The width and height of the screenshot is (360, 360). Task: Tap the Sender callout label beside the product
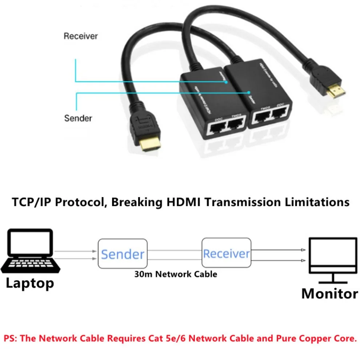78,118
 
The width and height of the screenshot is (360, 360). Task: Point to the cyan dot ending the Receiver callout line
226,82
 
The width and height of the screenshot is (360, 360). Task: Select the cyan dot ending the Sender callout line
249,93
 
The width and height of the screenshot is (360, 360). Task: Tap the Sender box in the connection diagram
123,254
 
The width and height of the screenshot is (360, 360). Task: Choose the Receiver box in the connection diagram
226,253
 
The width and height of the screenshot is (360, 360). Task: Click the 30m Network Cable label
175,274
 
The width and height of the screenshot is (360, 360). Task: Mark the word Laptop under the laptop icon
30,283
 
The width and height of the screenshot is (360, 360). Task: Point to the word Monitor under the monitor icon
329,293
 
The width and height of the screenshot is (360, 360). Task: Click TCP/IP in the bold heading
33,202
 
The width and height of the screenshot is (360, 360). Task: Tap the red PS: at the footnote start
11,338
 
